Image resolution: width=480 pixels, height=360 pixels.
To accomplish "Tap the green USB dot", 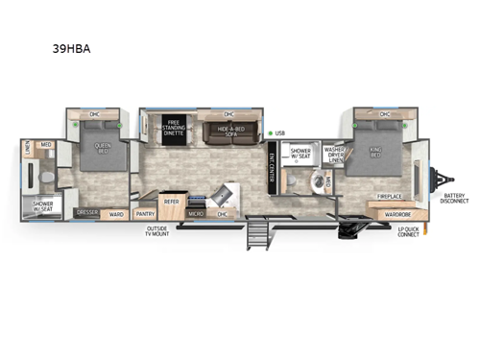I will [271, 133].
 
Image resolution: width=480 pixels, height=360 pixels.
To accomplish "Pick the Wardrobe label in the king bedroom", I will [383, 213].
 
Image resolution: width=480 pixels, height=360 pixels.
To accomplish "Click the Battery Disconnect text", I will [455, 199].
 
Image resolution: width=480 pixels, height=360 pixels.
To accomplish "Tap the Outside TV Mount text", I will [158, 231].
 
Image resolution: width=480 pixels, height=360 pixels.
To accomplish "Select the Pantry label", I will [145, 214].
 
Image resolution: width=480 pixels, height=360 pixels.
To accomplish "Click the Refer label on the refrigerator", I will [172, 202].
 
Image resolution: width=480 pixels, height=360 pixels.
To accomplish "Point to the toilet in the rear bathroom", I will [45, 179].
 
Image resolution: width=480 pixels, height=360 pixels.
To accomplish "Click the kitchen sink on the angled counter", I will [224, 196].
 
